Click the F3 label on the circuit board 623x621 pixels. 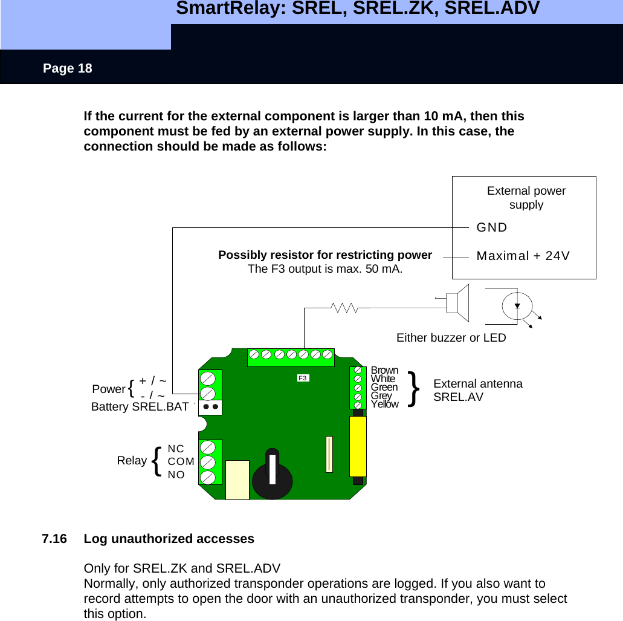click(303, 378)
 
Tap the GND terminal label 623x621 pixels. click(492, 227)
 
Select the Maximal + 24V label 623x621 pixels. click(523, 256)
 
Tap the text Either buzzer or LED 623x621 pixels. click(451, 338)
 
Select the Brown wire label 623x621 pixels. click(384, 370)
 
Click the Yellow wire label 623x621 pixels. click(384, 404)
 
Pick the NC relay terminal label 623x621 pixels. click(176, 449)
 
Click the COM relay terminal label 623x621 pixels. click(181, 461)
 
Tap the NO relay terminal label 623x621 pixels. click(176, 475)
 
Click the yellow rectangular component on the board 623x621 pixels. click(358, 446)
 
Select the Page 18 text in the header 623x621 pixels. click(67, 68)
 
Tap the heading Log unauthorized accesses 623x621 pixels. click(169, 538)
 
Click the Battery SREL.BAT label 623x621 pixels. click(140, 407)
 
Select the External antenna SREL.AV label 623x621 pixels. click(478, 391)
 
